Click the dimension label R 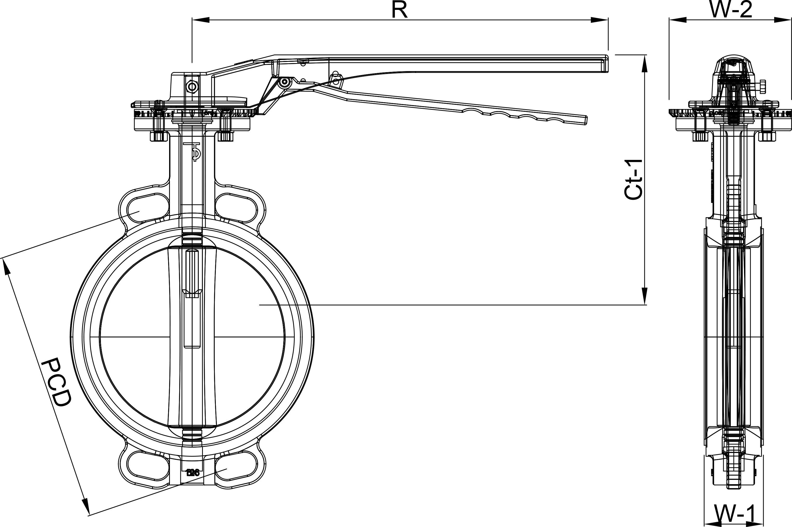tap(400, 10)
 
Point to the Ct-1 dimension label tap(633, 180)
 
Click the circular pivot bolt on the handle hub tap(192, 87)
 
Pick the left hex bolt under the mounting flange tap(158, 136)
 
